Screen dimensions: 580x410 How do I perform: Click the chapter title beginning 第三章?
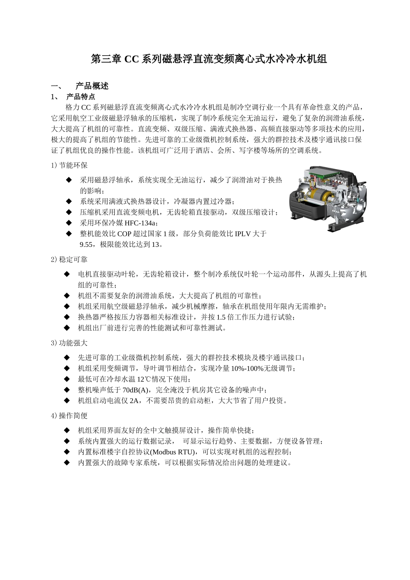click(x=208, y=59)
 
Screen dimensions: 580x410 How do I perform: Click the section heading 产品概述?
click(x=92, y=86)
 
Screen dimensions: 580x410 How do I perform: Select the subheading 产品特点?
click(x=81, y=96)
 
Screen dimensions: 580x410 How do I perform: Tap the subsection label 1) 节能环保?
click(x=69, y=165)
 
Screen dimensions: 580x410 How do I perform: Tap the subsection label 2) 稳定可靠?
click(x=69, y=259)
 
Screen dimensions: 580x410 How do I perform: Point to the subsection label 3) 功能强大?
click(x=69, y=343)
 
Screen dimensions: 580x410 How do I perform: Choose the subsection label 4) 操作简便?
click(x=69, y=416)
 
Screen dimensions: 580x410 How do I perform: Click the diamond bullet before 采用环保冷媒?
click(x=69, y=223)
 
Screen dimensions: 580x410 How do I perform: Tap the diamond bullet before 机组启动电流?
click(x=67, y=400)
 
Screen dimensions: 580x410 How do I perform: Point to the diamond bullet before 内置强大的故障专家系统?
click(x=67, y=463)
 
